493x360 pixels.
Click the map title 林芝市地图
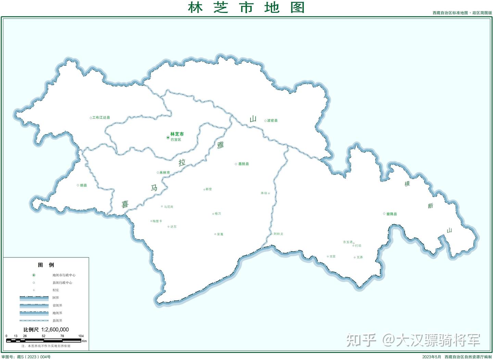point(246,7)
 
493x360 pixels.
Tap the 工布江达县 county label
point(101,118)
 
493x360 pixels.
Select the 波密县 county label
point(272,121)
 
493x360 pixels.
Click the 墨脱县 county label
point(243,164)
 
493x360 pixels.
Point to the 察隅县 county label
point(391,214)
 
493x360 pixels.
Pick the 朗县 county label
point(84,185)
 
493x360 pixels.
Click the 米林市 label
point(165,173)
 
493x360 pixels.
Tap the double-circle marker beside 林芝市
point(168,138)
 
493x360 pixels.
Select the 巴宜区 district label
point(176,140)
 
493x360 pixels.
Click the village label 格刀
point(218,214)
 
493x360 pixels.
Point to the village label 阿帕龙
point(278,234)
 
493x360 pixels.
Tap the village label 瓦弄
point(359,257)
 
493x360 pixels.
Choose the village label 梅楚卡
point(157,221)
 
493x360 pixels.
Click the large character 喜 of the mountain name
point(125,204)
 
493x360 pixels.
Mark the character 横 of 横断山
point(407,184)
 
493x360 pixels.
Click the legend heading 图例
point(46,265)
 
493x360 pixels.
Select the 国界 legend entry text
point(56,298)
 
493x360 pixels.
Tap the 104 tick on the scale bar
point(81,336)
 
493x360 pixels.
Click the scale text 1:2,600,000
point(55,330)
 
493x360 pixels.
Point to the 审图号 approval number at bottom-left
point(26,357)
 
